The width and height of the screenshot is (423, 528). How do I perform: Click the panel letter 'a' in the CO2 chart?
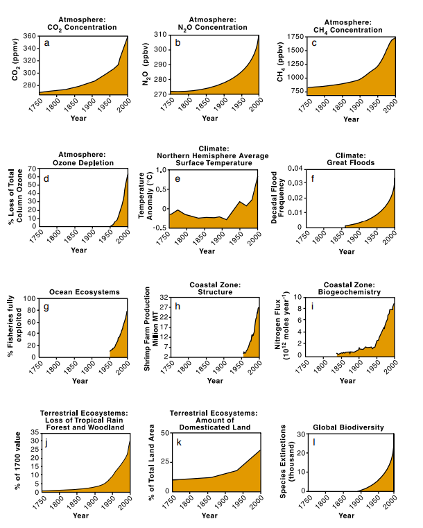46,43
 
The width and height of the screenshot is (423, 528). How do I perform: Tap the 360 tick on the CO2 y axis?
29,36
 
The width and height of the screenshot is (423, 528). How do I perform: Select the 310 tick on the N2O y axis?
160,35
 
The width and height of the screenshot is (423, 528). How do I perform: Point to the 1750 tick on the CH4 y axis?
295,37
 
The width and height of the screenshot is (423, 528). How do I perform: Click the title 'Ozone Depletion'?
83,162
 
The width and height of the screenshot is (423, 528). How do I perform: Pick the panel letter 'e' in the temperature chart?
178,179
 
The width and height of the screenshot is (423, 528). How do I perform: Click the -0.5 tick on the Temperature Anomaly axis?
159,228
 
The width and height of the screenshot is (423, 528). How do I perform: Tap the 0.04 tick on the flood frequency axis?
295,168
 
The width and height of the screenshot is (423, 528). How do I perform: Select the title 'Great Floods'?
351,162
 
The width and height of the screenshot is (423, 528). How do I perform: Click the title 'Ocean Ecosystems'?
85,292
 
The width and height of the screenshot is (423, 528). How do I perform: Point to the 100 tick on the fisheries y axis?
29,298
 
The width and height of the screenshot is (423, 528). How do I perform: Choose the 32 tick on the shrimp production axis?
164,298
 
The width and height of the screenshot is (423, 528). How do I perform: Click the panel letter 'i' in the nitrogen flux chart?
312,306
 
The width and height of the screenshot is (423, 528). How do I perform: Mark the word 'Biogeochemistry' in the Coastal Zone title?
349,292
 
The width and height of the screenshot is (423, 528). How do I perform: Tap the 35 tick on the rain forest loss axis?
35,432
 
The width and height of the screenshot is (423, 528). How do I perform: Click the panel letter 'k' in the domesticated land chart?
179,442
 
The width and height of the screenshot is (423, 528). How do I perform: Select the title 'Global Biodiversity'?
348,427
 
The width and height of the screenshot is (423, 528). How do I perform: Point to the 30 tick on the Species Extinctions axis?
301,434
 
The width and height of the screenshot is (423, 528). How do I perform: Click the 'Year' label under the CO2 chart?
78,118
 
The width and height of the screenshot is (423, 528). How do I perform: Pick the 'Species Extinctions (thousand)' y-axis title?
286,461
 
